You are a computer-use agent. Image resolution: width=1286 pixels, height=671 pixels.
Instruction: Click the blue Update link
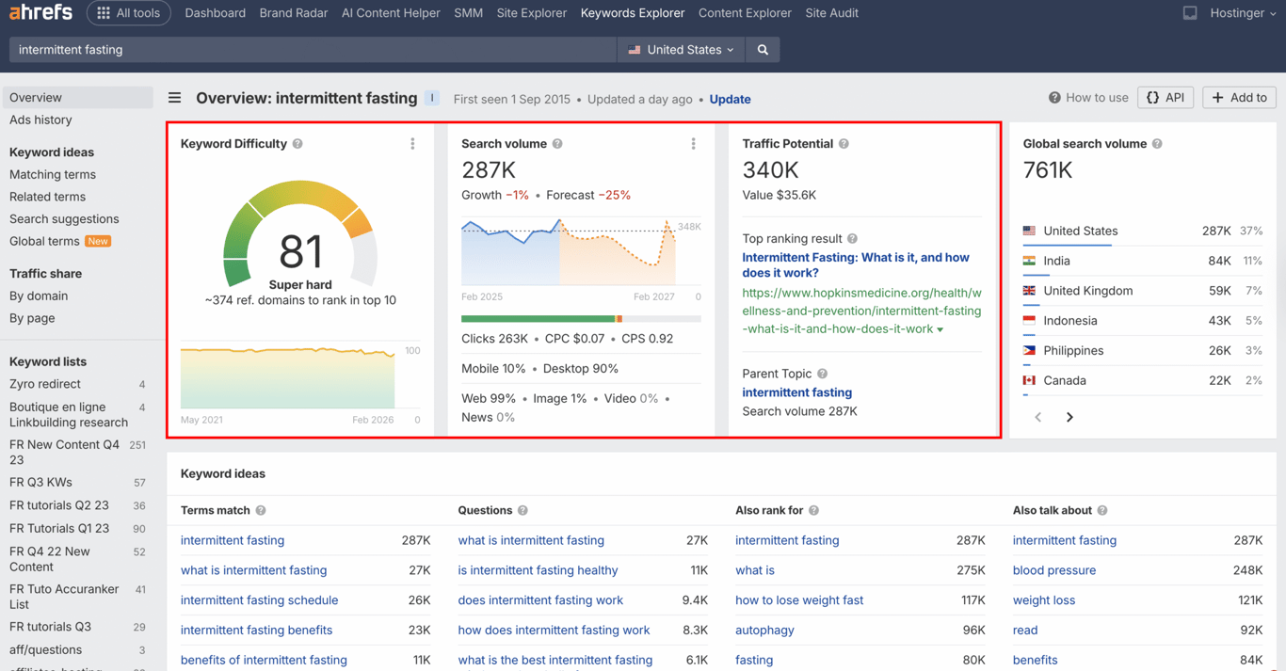click(x=730, y=99)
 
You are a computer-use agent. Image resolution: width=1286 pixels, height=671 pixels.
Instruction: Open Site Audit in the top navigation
click(x=831, y=13)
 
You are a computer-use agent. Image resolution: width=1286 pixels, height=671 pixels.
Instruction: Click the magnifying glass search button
click(x=763, y=50)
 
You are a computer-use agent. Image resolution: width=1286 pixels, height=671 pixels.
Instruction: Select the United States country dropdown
click(x=681, y=50)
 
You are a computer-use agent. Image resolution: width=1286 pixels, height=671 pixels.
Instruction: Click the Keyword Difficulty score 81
click(x=300, y=251)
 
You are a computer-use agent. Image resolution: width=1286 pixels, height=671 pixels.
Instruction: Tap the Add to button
click(x=1239, y=98)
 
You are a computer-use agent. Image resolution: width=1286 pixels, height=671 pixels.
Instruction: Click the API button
click(x=1165, y=98)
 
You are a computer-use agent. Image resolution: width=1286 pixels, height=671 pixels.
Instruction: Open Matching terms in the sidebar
click(x=53, y=174)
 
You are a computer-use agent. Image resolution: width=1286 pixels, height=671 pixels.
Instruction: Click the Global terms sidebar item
click(x=44, y=241)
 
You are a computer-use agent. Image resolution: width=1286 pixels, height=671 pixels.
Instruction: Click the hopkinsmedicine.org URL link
click(x=860, y=311)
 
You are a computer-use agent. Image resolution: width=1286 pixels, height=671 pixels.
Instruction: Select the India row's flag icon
click(x=1029, y=261)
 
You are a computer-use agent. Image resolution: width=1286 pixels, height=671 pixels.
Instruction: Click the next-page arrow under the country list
click(x=1069, y=417)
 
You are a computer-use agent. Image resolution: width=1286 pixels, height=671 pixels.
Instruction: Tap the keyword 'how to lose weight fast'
click(x=799, y=600)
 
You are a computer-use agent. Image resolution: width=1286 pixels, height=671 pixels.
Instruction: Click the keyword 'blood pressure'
click(x=1053, y=570)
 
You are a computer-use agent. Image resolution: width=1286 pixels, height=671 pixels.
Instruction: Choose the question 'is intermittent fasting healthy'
click(x=538, y=570)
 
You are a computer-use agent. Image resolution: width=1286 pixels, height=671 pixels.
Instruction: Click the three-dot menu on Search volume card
click(x=694, y=144)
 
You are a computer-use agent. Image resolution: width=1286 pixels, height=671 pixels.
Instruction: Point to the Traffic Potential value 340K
click(x=770, y=170)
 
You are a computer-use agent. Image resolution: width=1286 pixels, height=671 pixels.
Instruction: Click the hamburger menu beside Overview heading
click(x=175, y=98)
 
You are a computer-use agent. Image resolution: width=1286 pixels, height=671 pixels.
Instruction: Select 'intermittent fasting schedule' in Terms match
click(x=259, y=600)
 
